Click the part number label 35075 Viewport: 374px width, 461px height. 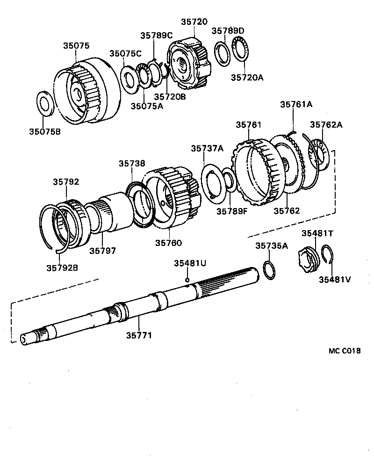(x=76, y=46)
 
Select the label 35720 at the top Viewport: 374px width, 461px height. (x=194, y=22)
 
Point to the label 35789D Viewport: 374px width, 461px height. (x=228, y=31)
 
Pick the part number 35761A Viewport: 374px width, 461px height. (x=296, y=105)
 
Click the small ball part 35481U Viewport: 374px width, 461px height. (x=187, y=280)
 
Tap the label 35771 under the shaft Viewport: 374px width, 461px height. (x=139, y=335)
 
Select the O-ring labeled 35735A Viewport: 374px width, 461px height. (x=269, y=270)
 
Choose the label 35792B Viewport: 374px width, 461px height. (x=62, y=267)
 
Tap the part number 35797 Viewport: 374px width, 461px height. (x=103, y=251)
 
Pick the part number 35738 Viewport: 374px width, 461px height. (x=132, y=164)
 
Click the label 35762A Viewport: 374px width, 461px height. (x=326, y=124)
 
